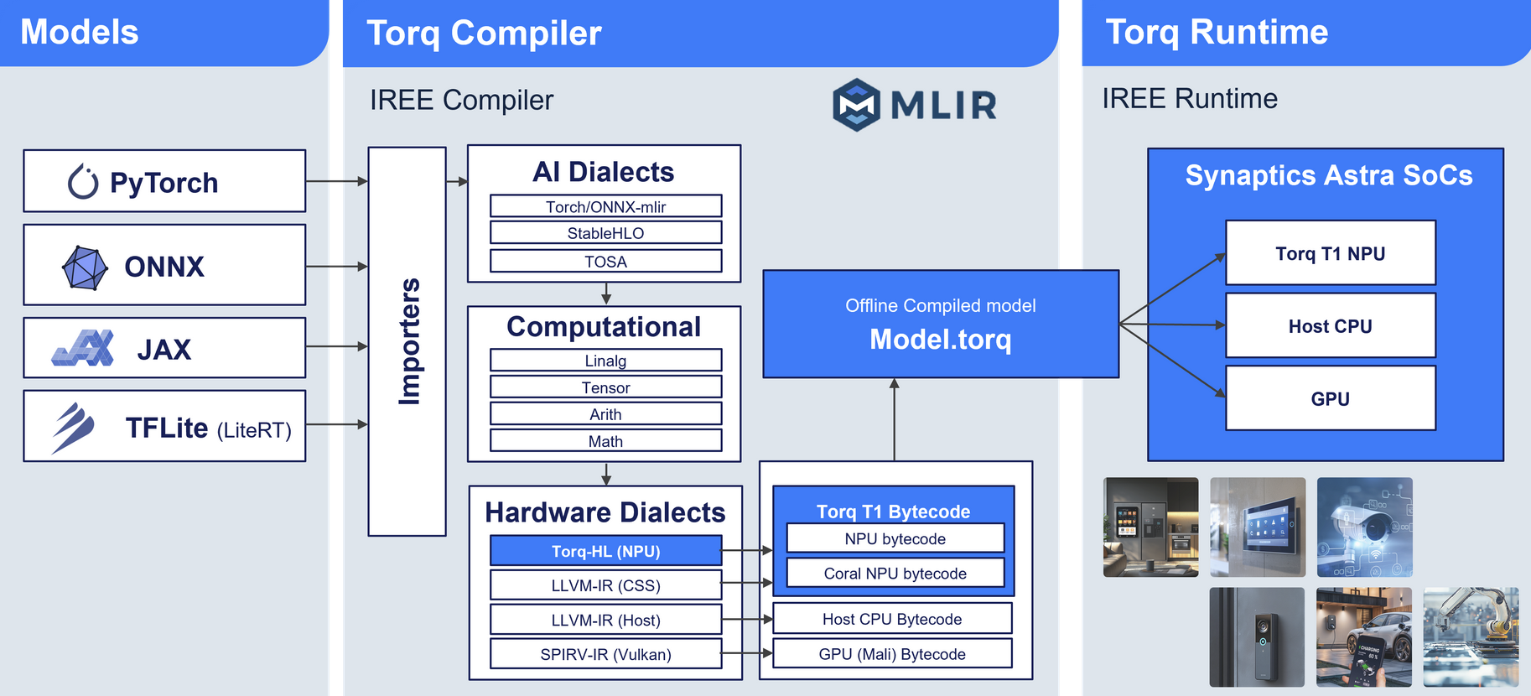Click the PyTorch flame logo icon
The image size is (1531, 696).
tap(83, 181)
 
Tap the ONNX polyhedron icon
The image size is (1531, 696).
tap(85, 267)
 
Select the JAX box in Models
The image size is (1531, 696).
tap(164, 348)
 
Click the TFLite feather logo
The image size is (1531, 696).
tap(73, 427)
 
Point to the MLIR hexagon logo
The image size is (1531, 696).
tap(856, 105)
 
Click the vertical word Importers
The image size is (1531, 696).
tap(408, 341)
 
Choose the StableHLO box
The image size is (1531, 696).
tap(605, 233)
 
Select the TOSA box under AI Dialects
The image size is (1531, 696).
tap(605, 262)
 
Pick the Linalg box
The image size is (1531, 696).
tap(605, 361)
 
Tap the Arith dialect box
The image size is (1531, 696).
tap(605, 414)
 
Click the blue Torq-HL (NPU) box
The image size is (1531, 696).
tap(605, 551)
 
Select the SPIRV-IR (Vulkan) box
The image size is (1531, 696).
tap(605, 654)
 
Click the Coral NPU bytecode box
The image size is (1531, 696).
tap(895, 574)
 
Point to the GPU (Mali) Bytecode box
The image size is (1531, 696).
tap(892, 654)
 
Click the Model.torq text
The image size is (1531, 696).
tap(940, 340)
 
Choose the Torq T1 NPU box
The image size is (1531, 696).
tap(1330, 253)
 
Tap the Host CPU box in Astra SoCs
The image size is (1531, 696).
tap(1330, 326)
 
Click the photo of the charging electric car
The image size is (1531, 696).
tap(1363, 637)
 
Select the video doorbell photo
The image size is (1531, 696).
tap(1257, 637)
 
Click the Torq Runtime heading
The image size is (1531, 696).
tap(1217, 32)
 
